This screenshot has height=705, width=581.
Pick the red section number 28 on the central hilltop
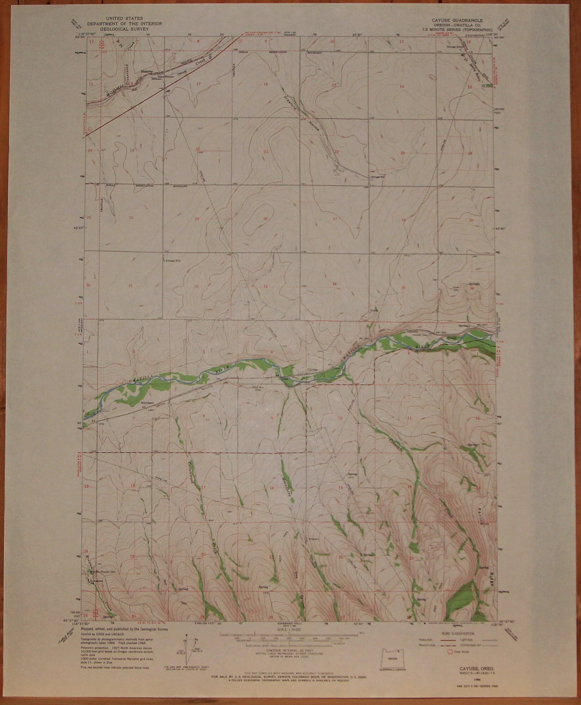pos(265,219)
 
